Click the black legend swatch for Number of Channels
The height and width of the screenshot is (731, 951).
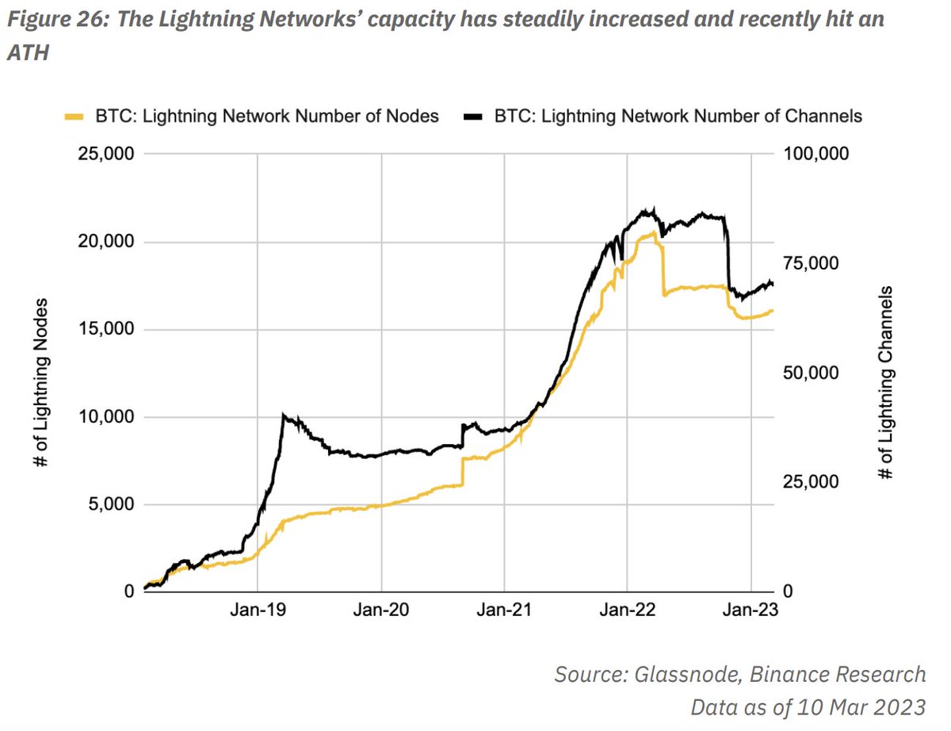[472, 117]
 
